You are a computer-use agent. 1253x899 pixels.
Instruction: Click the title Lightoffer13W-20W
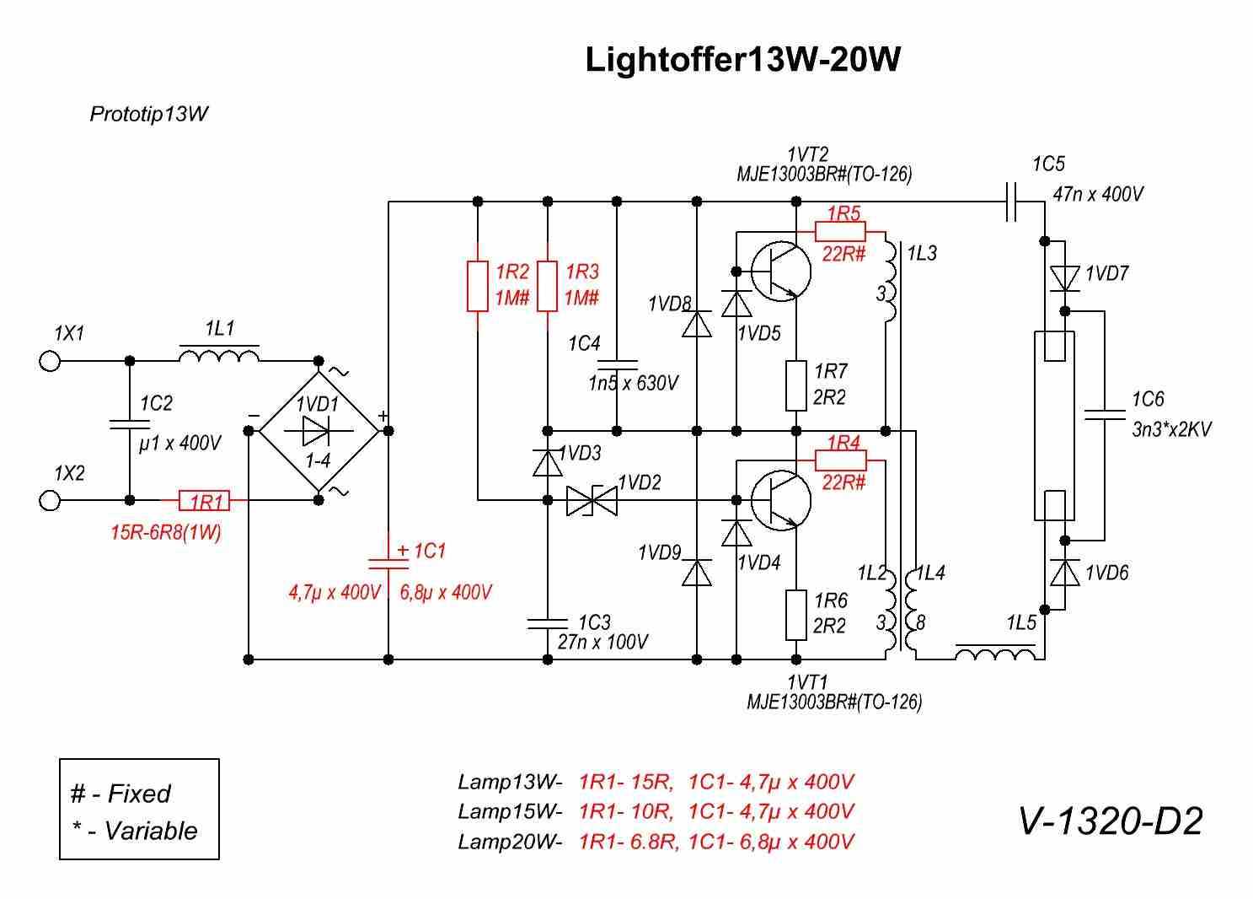pyautogui.click(x=742, y=60)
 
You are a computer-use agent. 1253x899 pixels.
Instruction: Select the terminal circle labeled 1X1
pyautogui.click(x=50, y=361)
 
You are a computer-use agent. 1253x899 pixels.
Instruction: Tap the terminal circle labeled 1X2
pyautogui.click(x=50, y=501)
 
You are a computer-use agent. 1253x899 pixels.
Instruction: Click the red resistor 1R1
pyautogui.click(x=205, y=501)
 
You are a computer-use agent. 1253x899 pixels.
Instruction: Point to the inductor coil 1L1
pyautogui.click(x=219, y=356)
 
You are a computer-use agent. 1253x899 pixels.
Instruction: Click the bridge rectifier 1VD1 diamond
pyautogui.click(x=318, y=431)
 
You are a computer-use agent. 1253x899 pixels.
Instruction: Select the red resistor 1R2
pyautogui.click(x=478, y=286)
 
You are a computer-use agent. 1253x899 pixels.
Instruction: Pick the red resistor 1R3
pyautogui.click(x=548, y=286)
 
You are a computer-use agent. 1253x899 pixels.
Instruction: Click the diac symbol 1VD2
pyautogui.click(x=592, y=501)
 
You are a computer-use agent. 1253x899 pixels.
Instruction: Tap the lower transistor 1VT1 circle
pyautogui.click(x=780, y=500)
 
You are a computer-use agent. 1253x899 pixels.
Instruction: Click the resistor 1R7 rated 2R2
pyautogui.click(x=796, y=385)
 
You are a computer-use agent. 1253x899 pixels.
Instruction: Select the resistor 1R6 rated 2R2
pyautogui.click(x=796, y=615)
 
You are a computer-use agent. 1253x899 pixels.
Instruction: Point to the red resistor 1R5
pyautogui.click(x=841, y=230)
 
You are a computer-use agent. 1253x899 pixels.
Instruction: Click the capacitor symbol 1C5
pyautogui.click(x=1012, y=202)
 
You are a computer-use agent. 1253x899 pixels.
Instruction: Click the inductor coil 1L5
pyautogui.click(x=995, y=652)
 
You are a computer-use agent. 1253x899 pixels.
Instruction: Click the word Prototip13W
pyautogui.click(x=148, y=114)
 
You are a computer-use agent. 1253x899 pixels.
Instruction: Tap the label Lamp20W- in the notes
pyautogui.click(x=509, y=842)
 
